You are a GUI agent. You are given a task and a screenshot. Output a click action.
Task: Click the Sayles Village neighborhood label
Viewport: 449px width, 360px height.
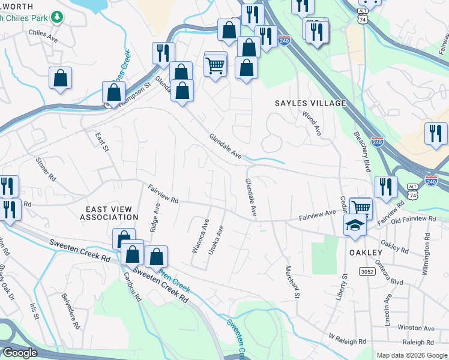click(x=310, y=103)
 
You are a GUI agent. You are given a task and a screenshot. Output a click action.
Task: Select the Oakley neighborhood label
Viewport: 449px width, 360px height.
click(x=366, y=253)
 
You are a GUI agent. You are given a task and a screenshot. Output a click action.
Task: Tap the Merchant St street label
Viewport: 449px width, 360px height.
click(x=292, y=281)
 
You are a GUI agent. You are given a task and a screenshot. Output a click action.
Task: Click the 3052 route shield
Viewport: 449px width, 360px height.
click(x=367, y=272)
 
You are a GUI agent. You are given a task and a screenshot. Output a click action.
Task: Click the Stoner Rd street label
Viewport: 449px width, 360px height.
click(x=46, y=170)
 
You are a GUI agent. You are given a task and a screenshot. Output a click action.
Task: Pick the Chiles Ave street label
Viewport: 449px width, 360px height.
click(x=43, y=35)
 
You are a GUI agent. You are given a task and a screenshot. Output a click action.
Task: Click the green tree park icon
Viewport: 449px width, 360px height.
click(x=57, y=16)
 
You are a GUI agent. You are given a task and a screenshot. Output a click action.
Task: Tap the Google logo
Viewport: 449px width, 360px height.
click(x=20, y=353)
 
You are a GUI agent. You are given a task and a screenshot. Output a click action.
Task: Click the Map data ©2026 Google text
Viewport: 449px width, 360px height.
click(x=411, y=355)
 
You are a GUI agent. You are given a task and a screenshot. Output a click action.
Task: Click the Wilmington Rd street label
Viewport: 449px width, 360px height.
click(x=427, y=254)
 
